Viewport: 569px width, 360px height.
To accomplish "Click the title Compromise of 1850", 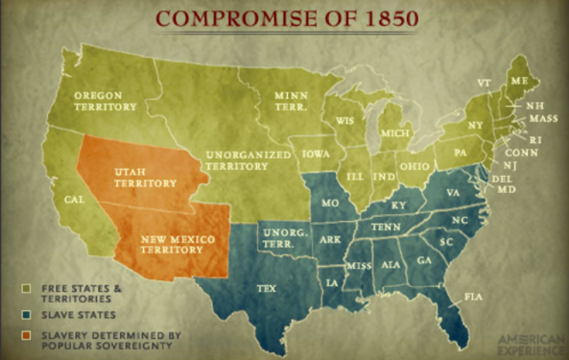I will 284,18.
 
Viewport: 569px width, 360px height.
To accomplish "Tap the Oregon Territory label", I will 104,100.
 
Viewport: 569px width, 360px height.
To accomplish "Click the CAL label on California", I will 74,200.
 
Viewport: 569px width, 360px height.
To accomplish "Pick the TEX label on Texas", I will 266,288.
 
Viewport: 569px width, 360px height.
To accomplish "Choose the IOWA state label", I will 316,154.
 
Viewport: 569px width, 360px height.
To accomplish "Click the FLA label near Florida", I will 473,295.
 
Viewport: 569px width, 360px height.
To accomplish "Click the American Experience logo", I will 530,344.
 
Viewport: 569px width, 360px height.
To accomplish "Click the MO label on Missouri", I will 330,204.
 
